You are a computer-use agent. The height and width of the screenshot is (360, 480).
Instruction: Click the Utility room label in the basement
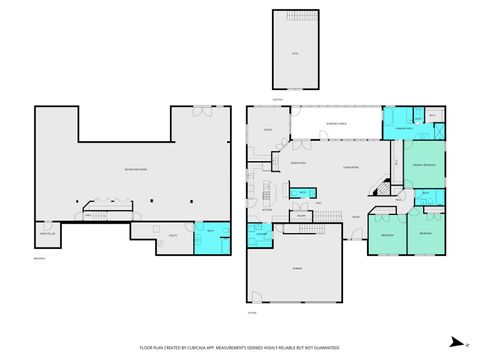pos(172,235)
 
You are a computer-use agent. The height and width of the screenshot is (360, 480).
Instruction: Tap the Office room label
pos(268,130)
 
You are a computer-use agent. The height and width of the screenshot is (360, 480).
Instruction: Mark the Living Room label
pos(350,168)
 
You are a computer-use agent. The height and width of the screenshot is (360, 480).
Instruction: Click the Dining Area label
pos(297,162)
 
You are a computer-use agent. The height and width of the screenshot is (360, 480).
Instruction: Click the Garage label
pos(296,269)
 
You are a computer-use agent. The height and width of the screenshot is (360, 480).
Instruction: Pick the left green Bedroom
pos(387,233)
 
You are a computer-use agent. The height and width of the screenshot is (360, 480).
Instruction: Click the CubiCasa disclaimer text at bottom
pos(240,348)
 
